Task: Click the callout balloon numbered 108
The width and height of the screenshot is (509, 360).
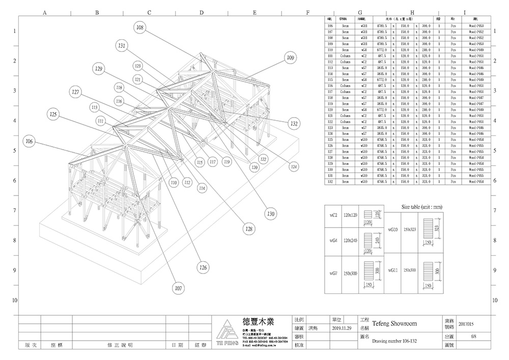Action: [x=140, y=28]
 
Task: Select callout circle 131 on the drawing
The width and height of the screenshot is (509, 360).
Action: [x=122, y=46]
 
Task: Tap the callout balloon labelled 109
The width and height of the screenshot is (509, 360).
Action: [x=290, y=58]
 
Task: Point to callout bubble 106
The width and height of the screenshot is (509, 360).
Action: [x=29, y=141]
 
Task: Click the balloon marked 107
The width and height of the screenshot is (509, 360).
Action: [x=178, y=288]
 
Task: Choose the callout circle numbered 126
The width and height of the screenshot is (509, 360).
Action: [x=203, y=267]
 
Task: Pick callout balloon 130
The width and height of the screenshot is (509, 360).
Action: [x=271, y=214]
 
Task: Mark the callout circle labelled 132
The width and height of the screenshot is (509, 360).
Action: [x=294, y=123]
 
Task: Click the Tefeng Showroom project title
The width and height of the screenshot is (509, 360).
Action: [x=394, y=323]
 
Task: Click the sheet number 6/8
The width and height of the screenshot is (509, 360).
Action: [x=473, y=337]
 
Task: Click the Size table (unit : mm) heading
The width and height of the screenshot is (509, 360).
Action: [x=421, y=207]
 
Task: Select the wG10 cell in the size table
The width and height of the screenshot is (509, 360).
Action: [x=393, y=229]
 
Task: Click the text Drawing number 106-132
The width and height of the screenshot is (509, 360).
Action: [x=395, y=341]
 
